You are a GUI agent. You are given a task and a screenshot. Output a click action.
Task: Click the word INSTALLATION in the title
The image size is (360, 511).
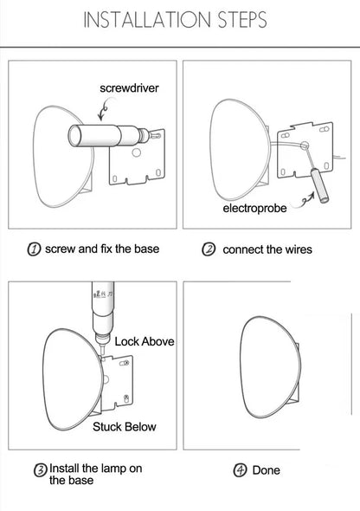coord(147,20)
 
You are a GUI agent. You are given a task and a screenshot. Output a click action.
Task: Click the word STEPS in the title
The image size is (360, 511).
coord(242,20)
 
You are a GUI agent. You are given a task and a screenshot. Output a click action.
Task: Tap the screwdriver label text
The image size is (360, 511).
coord(129,88)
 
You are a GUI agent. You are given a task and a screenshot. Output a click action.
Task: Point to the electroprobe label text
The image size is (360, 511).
coord(255,208)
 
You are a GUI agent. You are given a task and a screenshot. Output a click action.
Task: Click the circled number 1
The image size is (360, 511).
coord(34,249)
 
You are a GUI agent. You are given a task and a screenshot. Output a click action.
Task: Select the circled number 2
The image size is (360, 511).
coord(209,249)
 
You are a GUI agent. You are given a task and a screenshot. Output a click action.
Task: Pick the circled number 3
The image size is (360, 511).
coord(41,470)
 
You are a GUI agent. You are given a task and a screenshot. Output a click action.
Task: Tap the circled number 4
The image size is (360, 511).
coord(240,470)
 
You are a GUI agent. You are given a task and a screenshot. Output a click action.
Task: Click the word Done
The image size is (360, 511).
coord(267,470)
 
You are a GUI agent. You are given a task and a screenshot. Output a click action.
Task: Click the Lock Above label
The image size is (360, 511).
coord(145,341)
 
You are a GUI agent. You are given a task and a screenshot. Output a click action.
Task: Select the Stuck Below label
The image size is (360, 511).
coord(125,427)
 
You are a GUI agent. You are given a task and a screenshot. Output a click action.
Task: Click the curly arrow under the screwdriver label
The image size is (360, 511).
coord(103,110)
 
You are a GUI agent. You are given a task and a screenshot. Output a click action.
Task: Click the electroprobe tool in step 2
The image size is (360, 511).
coord(319,185)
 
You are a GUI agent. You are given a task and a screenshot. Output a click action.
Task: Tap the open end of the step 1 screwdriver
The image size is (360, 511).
coord(75,136)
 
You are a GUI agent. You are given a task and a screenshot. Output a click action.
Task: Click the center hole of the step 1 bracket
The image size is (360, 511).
coord(136,152)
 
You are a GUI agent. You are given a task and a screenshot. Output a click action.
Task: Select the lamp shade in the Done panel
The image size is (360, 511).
coord(270,367)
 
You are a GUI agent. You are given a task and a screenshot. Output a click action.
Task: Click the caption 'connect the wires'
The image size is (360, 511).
coord(267,249)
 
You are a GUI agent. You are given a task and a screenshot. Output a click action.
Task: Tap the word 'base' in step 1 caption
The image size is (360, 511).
coord(147,249)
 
